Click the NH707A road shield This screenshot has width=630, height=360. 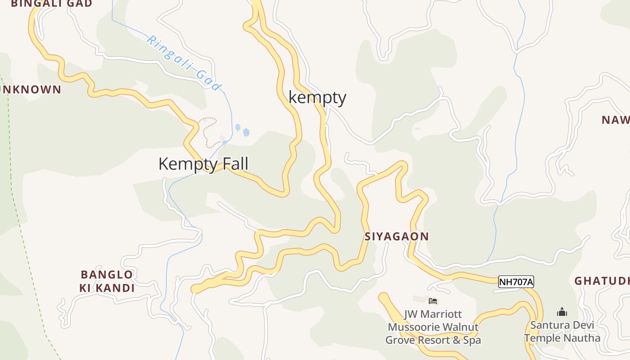pos(516,282)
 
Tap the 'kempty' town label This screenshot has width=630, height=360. pos(317,97)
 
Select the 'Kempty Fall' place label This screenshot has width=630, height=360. pos(203,164)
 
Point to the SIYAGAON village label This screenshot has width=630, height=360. pos(396,236)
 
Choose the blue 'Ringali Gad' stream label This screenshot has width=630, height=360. pos(184,63)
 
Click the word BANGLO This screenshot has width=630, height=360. pos(107,274)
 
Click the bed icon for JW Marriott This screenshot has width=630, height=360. pos(433,301)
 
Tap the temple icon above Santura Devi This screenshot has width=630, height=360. pos(562,312)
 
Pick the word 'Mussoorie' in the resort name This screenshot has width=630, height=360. pos(415,327)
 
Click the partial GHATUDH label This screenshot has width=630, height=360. pos(602,281)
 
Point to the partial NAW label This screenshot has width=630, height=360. pos(616,120)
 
